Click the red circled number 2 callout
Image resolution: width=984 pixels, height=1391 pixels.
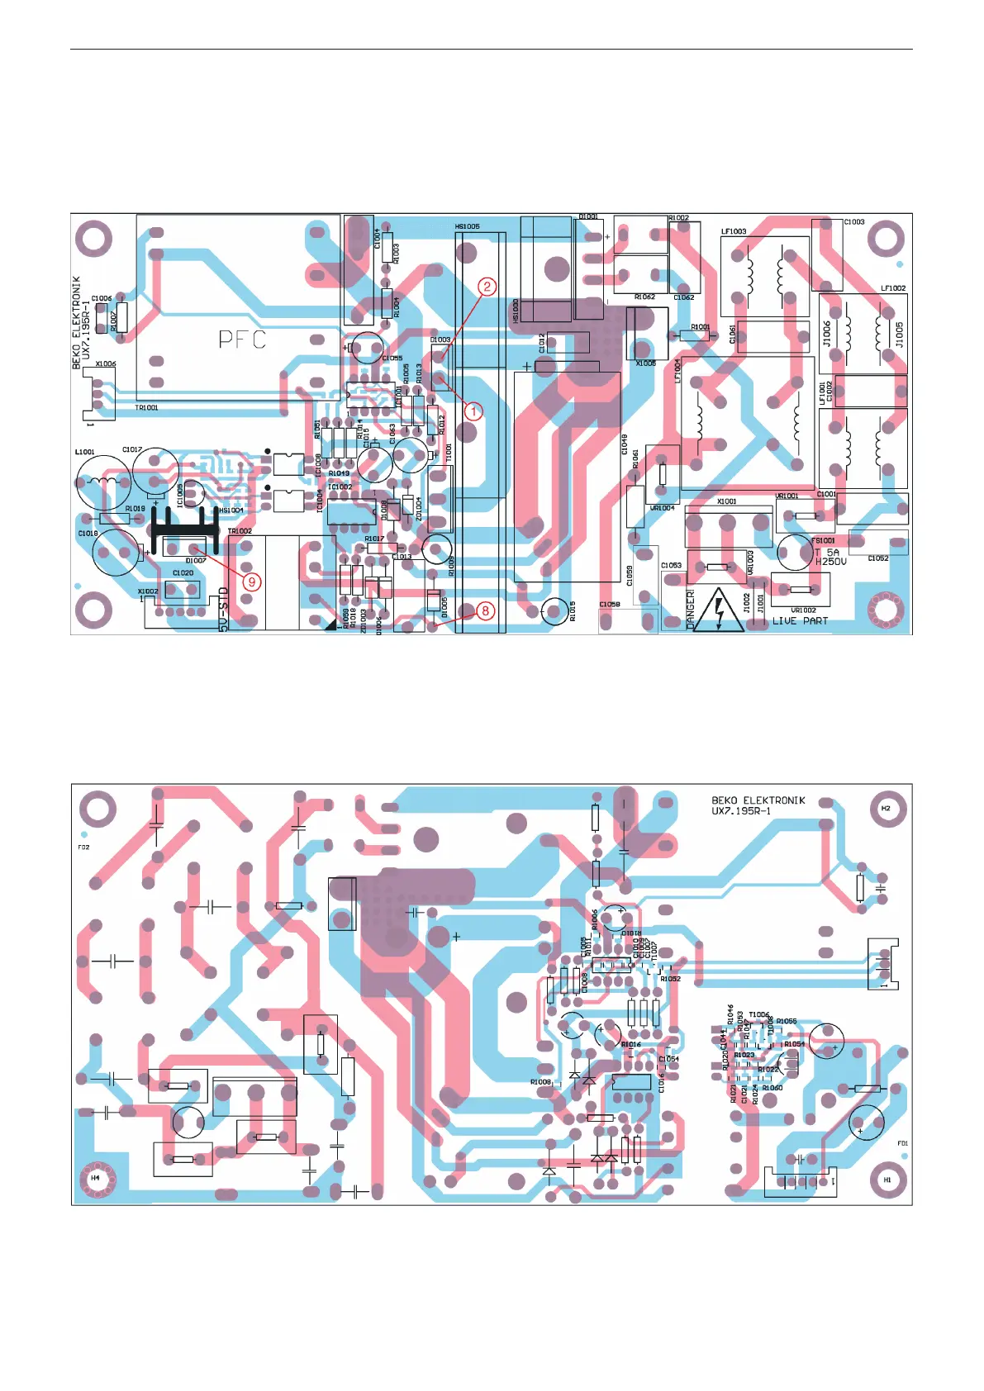487,287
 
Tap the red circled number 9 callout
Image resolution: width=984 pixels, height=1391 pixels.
252,582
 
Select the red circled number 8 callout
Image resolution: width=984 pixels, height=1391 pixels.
486,610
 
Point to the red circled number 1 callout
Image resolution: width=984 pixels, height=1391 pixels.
473,411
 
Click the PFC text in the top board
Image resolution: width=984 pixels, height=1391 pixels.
242,339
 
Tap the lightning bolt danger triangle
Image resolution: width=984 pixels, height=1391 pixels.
719,612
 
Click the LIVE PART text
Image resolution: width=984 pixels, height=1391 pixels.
800,621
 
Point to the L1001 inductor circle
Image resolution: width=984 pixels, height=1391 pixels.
102,482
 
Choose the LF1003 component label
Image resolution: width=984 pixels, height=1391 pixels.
734,232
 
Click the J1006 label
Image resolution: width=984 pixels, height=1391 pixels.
827,334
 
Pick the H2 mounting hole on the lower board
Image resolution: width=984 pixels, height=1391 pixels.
887,809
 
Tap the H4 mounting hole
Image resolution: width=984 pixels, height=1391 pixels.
96,1178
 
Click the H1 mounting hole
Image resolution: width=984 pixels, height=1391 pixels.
887,1180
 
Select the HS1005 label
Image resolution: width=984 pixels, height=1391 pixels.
467,226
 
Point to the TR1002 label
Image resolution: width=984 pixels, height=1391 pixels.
240,531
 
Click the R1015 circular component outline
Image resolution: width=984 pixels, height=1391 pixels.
555,611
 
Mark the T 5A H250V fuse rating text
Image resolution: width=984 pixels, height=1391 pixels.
830,557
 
